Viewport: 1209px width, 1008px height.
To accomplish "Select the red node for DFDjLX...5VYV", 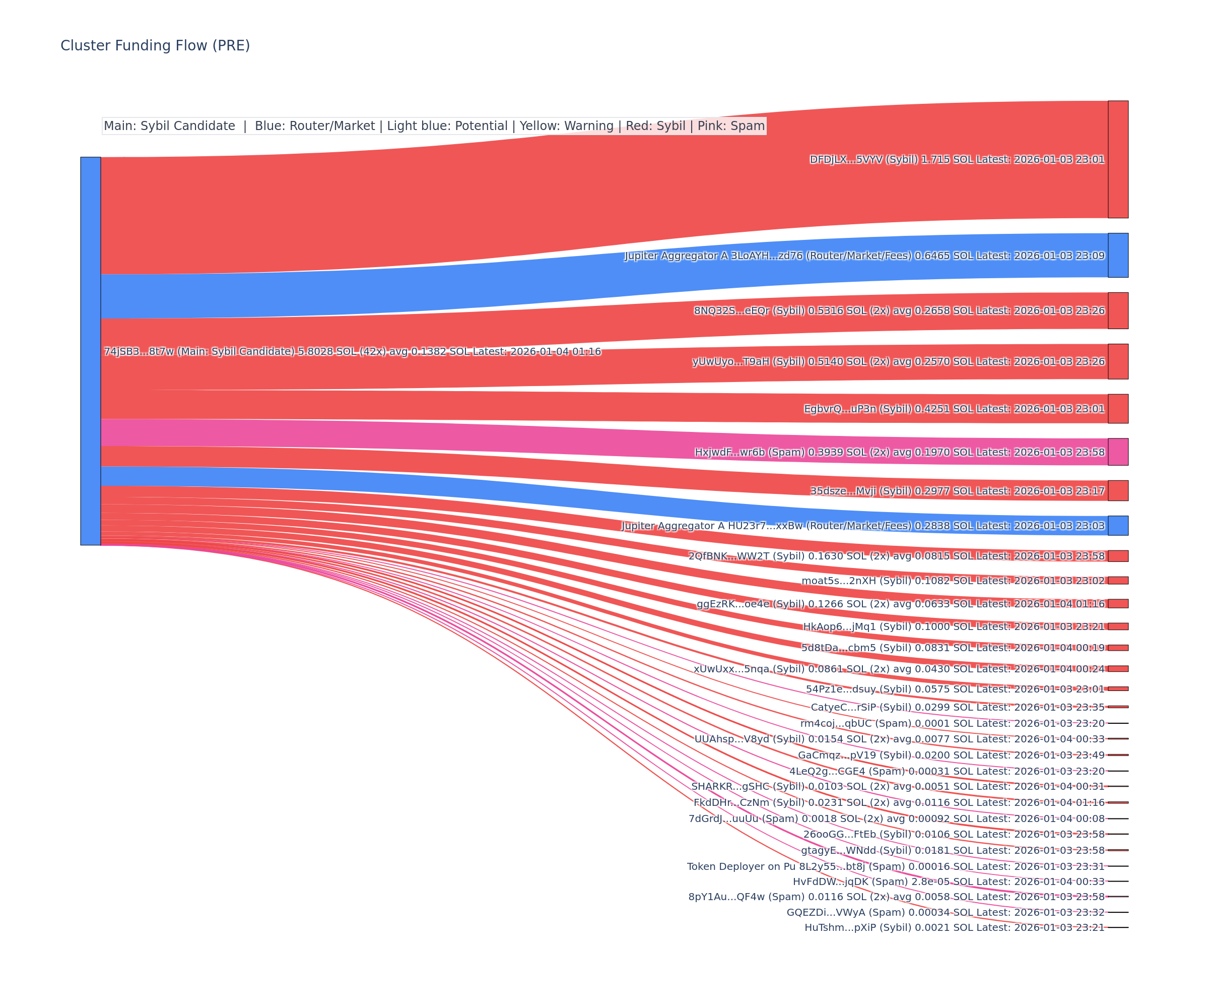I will coord(1117,160).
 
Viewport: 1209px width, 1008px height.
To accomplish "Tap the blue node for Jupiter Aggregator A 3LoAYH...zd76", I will coord(1117,255).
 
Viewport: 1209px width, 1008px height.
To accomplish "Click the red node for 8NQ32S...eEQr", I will coord(1117,310).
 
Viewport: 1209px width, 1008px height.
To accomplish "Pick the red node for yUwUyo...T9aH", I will coord(1117,361).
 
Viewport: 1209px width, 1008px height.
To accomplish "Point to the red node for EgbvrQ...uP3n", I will coord(1117,408).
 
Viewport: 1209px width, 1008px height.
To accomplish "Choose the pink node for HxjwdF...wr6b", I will coord(1117,452).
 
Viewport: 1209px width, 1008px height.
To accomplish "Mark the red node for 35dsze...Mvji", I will coord(1117,491).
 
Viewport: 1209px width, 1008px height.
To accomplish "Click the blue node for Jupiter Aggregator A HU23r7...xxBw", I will coord(1117,525).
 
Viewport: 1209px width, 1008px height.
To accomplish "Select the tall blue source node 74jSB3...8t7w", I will coord(90,351).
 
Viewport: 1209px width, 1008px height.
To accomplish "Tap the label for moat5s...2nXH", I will coord(953,581).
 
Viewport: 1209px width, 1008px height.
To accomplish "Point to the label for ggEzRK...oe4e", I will coord(900,604).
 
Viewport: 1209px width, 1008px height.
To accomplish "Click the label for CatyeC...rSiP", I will coord(958,707).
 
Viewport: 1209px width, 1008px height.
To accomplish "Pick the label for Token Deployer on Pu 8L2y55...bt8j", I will coord(895,866).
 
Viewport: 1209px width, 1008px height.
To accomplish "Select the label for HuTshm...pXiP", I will coord(955,927).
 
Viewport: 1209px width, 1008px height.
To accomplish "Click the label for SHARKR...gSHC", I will coord(898,786).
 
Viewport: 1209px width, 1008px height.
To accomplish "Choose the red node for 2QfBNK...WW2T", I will coord(1117,556).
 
